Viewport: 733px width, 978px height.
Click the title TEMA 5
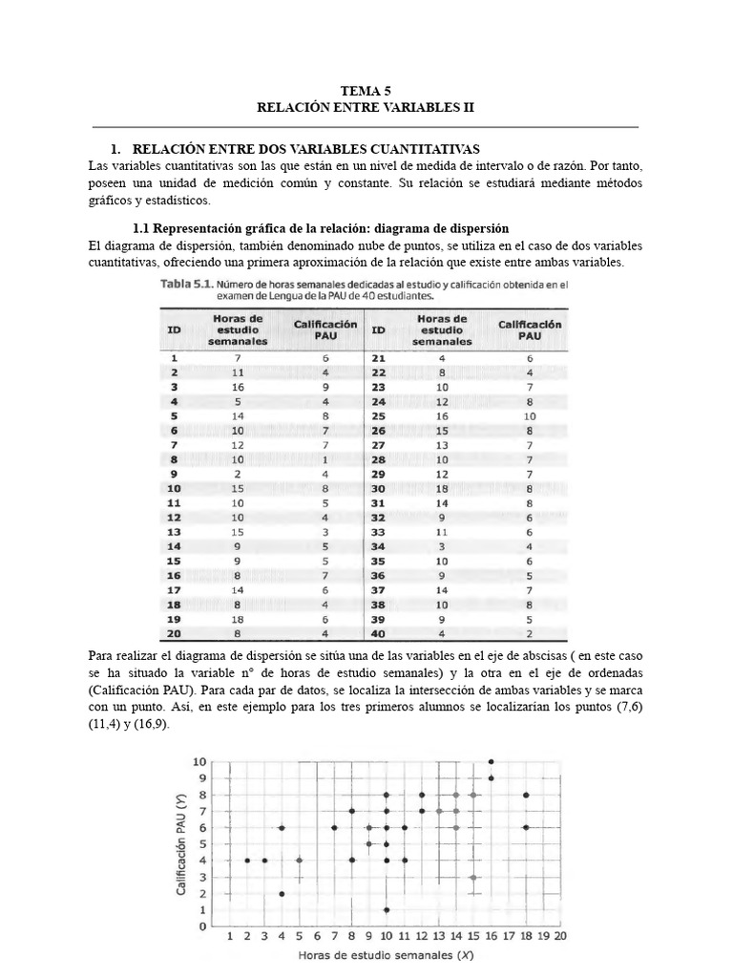[366, 92]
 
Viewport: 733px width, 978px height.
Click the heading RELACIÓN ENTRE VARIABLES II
[366, 108]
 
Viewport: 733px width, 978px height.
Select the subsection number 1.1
[142, 229]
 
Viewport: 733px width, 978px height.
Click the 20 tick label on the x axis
[559, 937]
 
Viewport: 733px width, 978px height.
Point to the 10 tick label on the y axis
[199, 761]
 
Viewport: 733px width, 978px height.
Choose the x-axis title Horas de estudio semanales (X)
[386, 954]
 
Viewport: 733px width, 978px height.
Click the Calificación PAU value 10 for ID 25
[530, 416]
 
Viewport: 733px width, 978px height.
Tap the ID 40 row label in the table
[378, 632]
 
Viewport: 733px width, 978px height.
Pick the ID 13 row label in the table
[174, 531]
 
